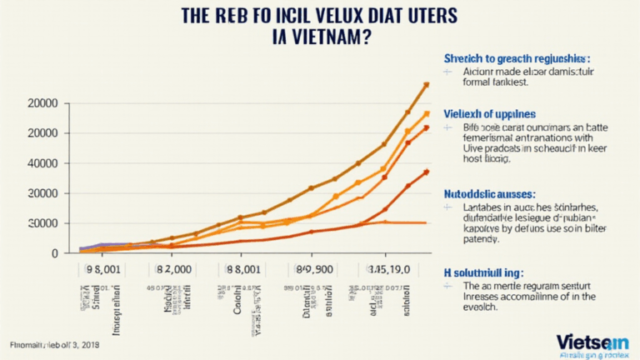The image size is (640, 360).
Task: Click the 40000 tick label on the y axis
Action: (42, 163)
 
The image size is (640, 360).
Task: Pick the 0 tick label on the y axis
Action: (54, 253)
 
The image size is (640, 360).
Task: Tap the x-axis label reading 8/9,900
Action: (312, 270)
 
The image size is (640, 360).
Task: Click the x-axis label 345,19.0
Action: (384, 270)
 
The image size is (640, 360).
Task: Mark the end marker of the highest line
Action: (426, 85)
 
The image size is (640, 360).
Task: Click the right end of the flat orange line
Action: (426, 222)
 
